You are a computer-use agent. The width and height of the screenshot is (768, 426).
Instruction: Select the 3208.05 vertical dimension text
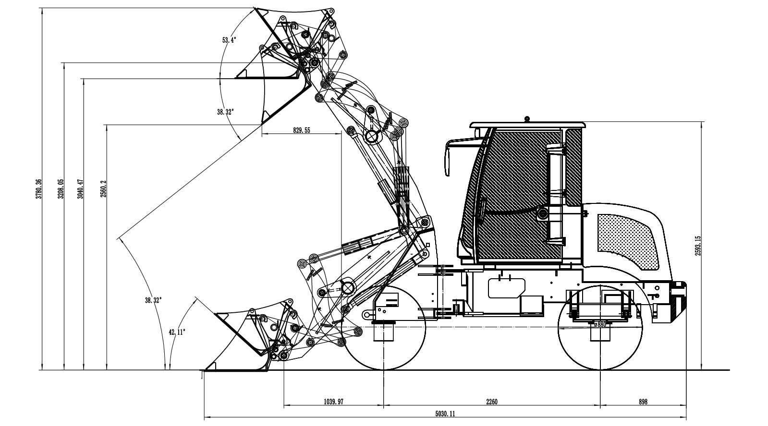pyautogui.click(x=61, y=189)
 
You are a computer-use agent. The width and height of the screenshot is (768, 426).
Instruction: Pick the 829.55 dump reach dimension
pyautogui.click(x=301, y=130)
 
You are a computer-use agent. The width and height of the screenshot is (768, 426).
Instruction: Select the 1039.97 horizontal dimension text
pyautogui.click(x=333, y=402)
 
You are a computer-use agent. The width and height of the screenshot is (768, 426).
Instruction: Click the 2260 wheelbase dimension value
pyautogui.click(x=491, y=402)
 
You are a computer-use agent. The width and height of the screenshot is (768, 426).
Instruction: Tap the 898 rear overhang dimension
pyautogui.click(x=643, y=402)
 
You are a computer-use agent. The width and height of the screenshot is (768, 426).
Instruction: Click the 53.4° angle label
pyautogui.click(x=229, y=40)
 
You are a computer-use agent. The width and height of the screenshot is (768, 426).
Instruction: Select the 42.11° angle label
pyautogui.click(x=177, y=331)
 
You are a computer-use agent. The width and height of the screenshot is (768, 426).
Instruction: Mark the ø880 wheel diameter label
pyautogui.click(x=600, y=325)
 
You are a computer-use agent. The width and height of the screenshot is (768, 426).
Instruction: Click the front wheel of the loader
pyautogui.click(x=383, y=327)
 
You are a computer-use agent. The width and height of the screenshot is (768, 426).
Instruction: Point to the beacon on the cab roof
pyautogui.click(x=527, y=118)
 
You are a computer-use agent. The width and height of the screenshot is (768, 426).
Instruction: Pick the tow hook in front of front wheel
pyautogui.click(x=368, y=314)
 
